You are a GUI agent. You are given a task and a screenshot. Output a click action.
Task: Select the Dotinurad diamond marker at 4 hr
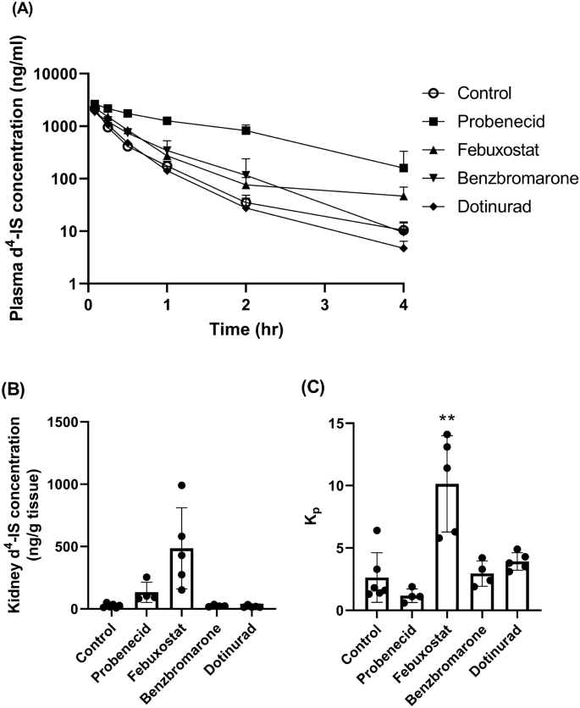pos(404,247)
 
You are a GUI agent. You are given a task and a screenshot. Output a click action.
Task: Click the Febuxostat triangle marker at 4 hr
pos(404,196)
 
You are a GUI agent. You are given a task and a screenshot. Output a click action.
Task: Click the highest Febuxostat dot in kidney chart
pos(181,485)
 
